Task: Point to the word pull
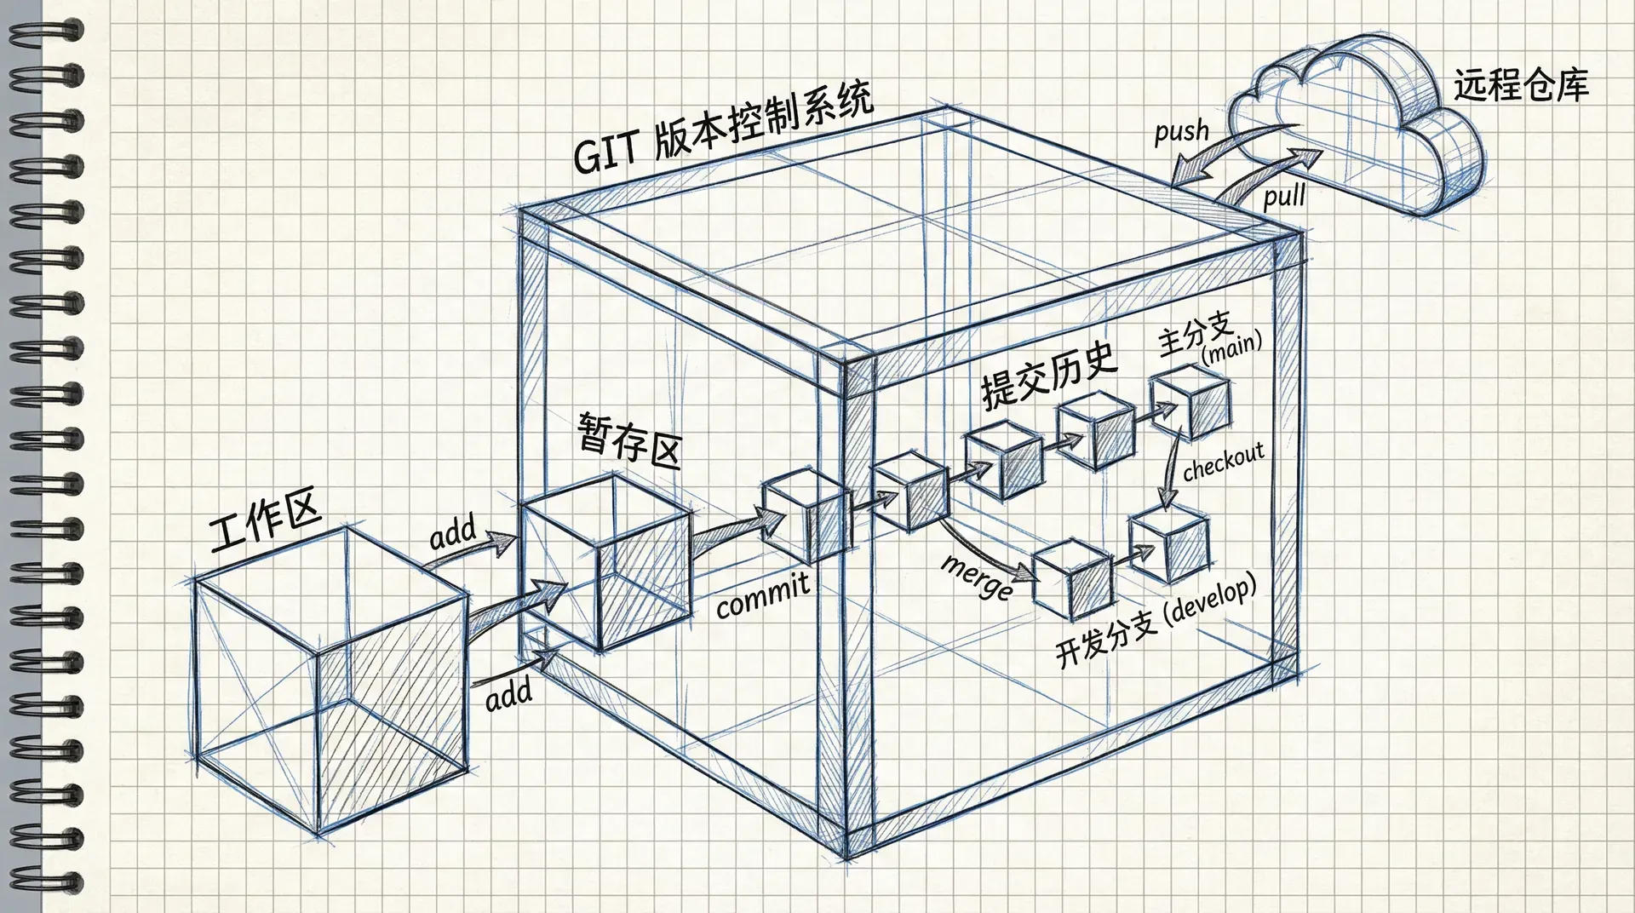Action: click(x=1284, y=198)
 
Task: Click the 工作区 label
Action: click(x=265, y=520)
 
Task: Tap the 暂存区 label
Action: click(x=629, y=439)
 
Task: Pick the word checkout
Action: click(x=1223, y=462)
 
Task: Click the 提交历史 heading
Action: click(x=1049, y=376)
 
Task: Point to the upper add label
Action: click(x=452, y=534)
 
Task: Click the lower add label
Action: click(x=508, y=694)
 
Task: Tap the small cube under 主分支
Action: click(x=1190, y=406)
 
